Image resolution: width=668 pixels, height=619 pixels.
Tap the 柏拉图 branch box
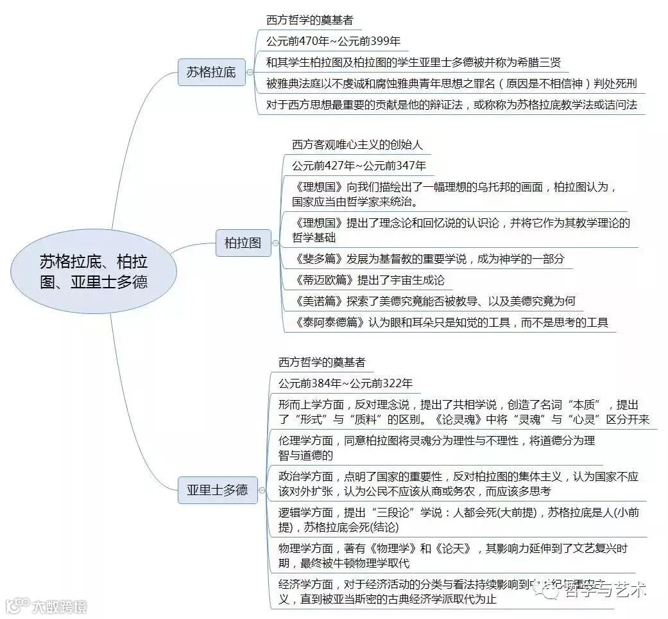243,243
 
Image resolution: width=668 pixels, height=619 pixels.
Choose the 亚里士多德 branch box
217,490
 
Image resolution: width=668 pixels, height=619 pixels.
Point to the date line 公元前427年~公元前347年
358,166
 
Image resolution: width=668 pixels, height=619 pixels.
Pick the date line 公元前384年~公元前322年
345,383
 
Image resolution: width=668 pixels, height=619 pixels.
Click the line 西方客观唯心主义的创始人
357,144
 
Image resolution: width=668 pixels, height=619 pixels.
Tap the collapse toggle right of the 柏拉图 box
275,243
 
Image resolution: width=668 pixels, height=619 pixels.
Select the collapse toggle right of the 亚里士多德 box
261,490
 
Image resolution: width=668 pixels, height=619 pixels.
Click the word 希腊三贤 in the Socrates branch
539,63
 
